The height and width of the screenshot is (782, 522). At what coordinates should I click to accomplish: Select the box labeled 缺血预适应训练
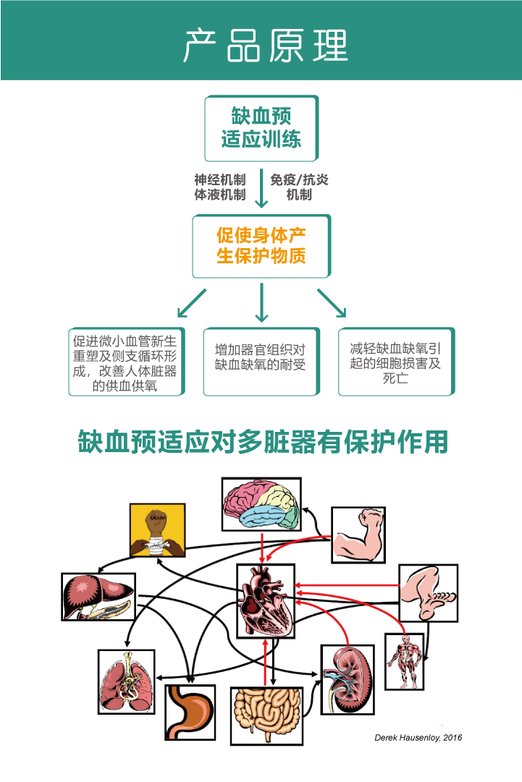[x=261, y=128]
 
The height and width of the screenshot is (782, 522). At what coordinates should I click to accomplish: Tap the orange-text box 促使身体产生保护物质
[x=261, y=246]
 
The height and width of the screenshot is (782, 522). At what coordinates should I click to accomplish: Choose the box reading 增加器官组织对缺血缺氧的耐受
[x=261, y=362]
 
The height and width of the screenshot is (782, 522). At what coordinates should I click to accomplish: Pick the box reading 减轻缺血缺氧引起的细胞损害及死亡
[x=396, y=362]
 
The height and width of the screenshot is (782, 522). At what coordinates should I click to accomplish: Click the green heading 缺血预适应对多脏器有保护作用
[x=262, y=442]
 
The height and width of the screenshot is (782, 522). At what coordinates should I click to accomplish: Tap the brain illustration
[x=261, y=507]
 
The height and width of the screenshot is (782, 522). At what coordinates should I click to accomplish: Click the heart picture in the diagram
[x=266, y=600]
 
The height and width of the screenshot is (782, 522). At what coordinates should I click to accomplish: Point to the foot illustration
[x=429, y=592]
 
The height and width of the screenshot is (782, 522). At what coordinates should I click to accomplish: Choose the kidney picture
[x=348, y=679]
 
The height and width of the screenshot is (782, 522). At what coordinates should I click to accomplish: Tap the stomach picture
[x=190, y=712]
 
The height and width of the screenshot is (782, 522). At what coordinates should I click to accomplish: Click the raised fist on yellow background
[x=157, y=530]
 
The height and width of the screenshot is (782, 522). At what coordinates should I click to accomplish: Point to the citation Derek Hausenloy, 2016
[x=418, y=737]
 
